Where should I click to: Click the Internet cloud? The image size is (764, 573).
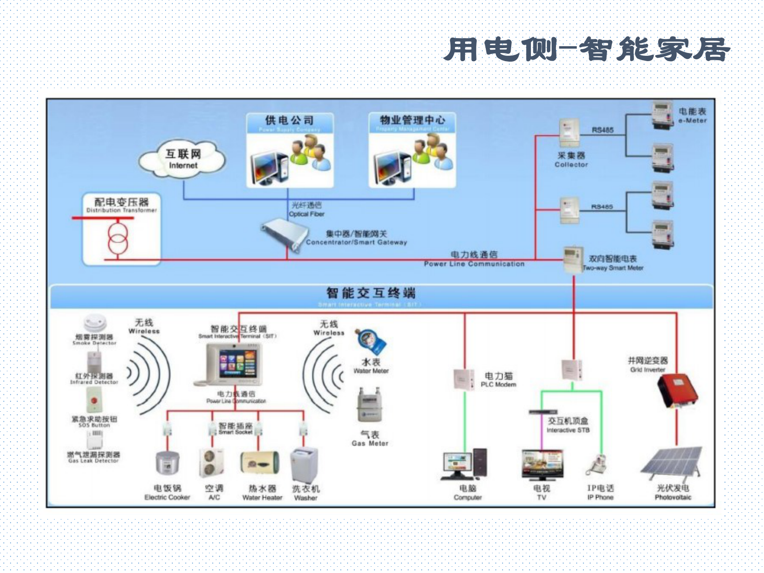pos(182,159)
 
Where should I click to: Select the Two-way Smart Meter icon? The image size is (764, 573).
pos(573,259)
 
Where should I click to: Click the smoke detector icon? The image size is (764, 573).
pos(95,323)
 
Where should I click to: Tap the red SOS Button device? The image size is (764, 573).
pos(94,400)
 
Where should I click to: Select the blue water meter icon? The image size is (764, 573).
pos(370,341)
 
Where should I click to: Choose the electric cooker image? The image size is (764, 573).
pos(167,464)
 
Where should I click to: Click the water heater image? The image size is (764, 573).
pos(259,463)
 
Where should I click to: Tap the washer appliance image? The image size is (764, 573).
pos(305,464)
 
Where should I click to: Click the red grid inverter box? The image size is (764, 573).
pos(677,391)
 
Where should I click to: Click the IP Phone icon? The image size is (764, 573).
pos(597,465)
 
